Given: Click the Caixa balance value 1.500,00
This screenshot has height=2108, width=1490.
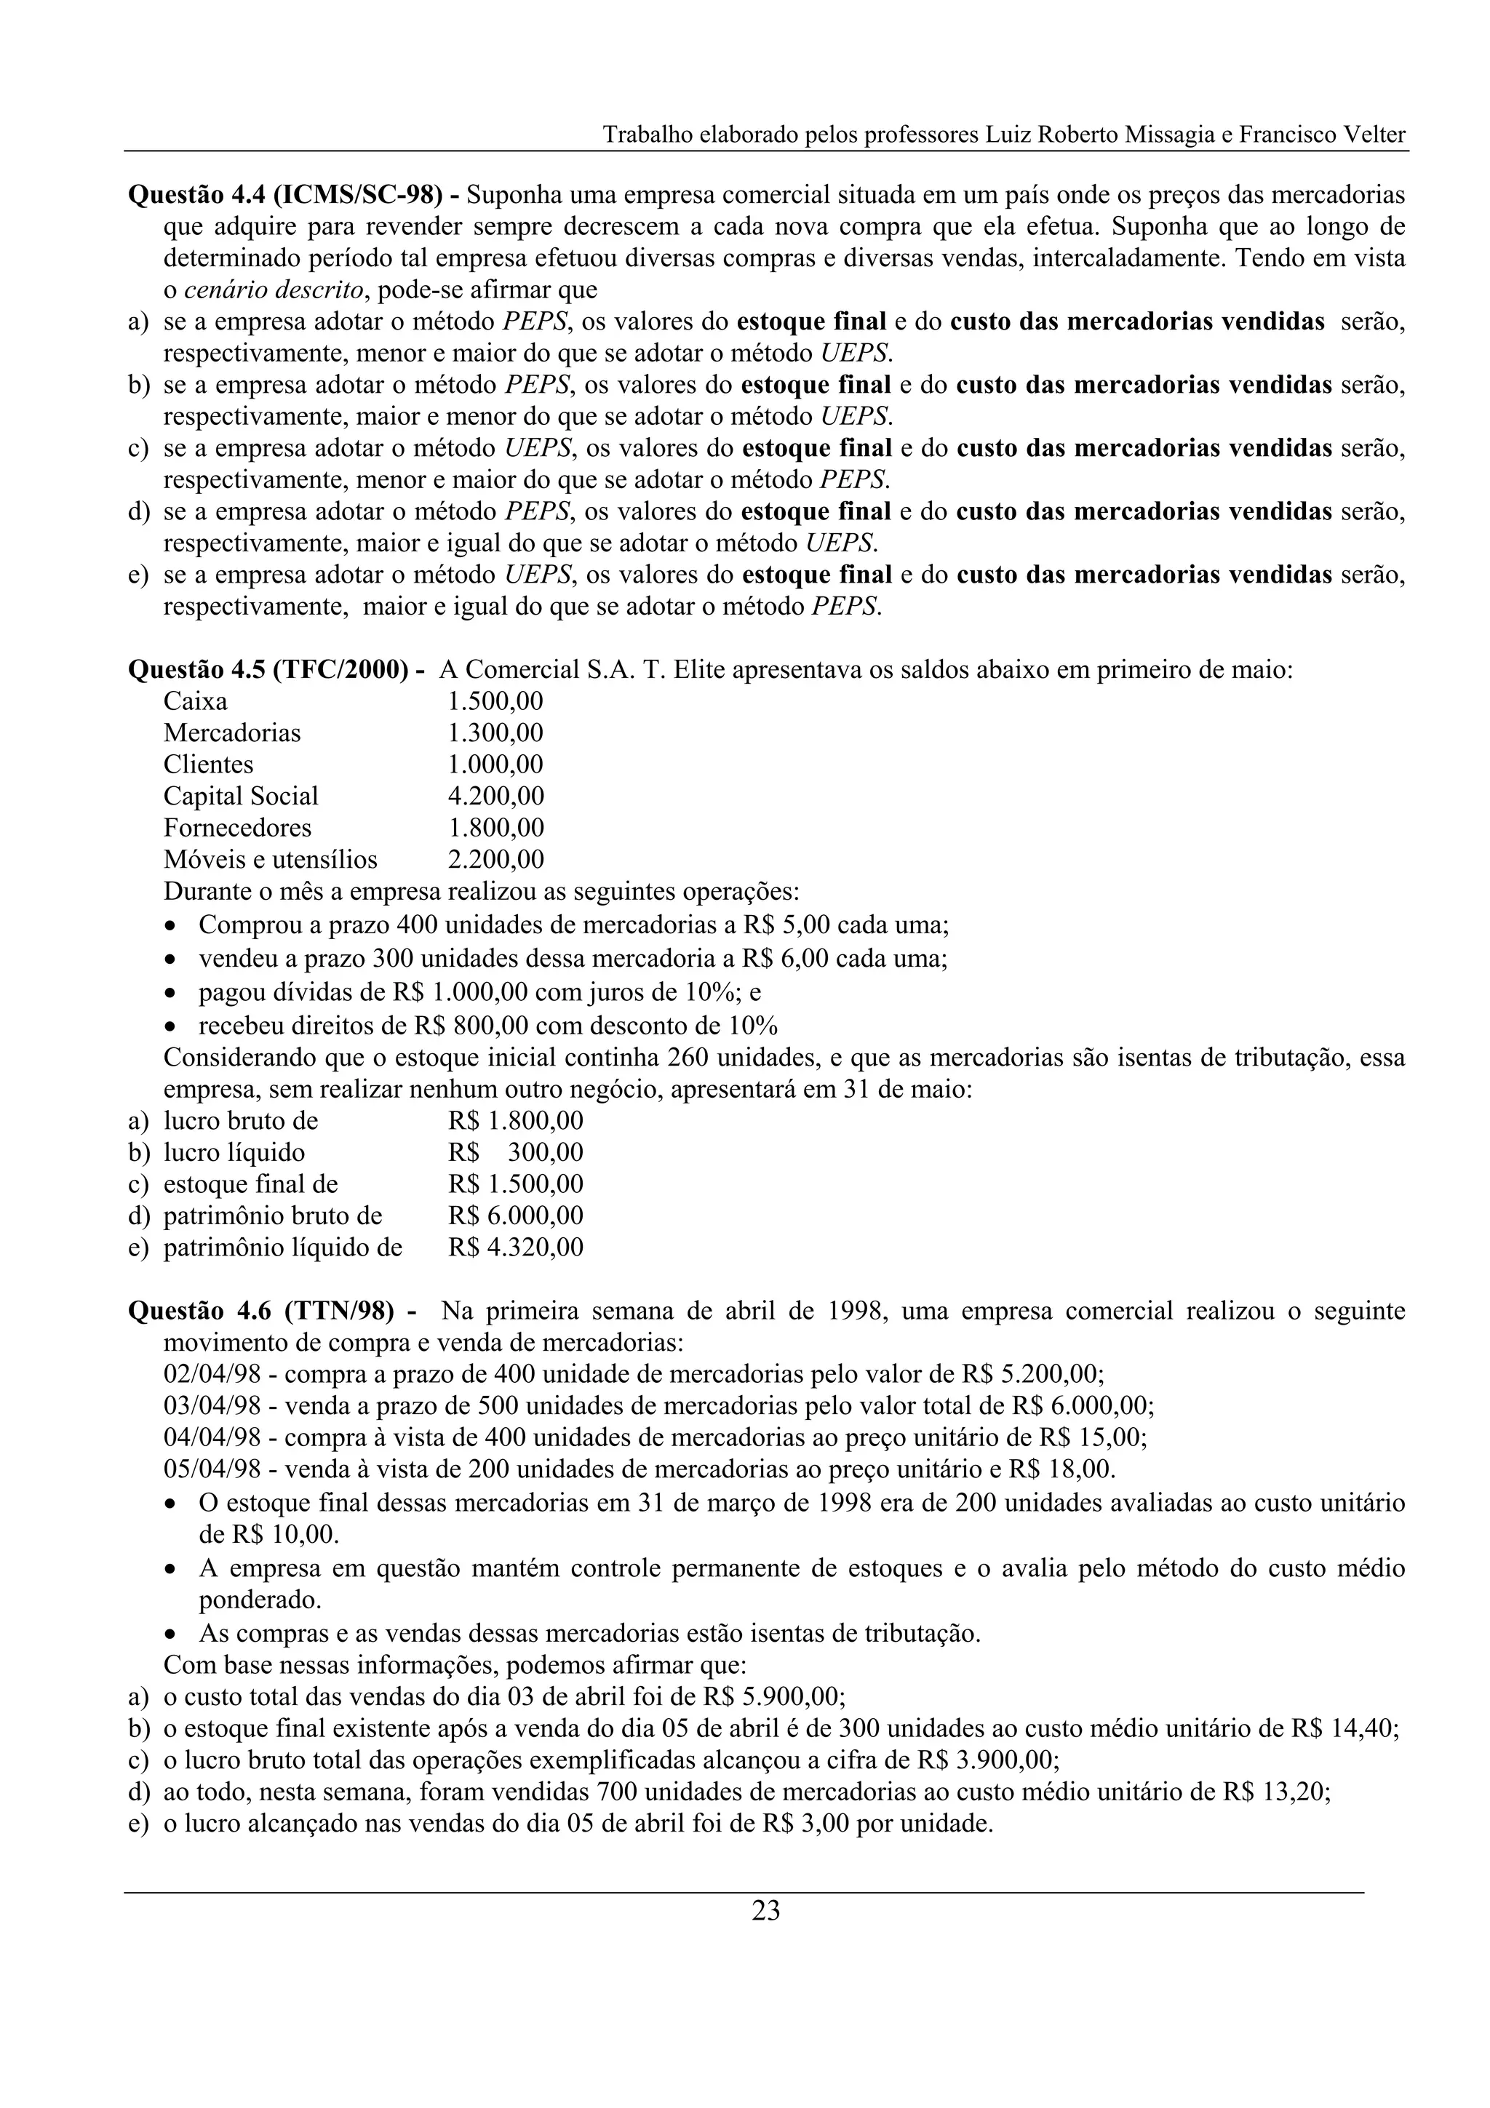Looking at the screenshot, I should point(495,701).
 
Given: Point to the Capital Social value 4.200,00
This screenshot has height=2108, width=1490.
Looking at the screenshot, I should point(495,796).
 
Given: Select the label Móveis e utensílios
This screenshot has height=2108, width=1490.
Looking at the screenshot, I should point(270,859).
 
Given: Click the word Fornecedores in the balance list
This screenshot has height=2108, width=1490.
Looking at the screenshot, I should point(237,828).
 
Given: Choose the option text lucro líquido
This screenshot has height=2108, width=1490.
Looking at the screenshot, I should point(234,1152).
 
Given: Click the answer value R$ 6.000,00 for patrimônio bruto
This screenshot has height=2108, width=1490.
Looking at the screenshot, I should point(515,1215).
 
